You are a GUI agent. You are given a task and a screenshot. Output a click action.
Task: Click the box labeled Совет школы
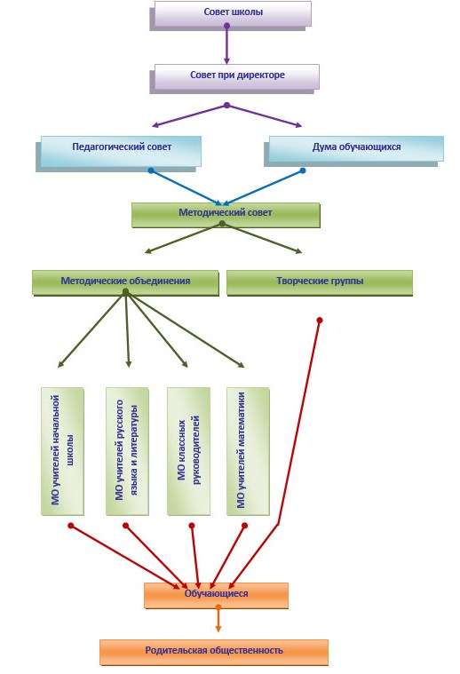tap(233, 13)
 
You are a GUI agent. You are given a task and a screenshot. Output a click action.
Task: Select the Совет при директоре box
tap(237, 77)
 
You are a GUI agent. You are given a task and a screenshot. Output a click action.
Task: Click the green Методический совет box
tap(226, 215)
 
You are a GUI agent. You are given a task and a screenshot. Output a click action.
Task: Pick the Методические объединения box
tap(125, 282)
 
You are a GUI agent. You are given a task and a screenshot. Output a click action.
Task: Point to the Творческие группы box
tap(320, 282)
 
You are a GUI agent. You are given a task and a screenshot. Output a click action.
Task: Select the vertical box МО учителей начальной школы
tap(62, 451)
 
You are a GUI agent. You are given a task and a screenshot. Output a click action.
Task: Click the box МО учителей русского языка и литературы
tap(127, 451)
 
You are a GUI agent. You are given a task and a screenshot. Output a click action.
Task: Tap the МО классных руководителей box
tap(188, 451)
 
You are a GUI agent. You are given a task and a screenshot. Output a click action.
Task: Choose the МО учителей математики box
tap(248, 451)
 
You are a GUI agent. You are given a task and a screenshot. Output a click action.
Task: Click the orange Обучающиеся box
tap(216, 595)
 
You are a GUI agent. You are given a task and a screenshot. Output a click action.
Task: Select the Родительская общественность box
tap(214, 652)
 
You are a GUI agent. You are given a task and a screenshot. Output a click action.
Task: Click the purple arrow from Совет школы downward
tap(226, 44)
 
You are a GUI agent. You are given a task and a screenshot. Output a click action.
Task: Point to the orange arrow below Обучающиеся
tap(218, 619)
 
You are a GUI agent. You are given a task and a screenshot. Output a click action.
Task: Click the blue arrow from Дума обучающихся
tap(262, 187)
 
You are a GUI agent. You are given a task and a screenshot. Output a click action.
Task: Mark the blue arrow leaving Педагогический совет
tap(186, 187)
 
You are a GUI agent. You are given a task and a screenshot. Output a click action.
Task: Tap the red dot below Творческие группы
tap(320, 321)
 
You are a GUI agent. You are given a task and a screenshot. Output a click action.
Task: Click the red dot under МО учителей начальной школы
tap(71, 526)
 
